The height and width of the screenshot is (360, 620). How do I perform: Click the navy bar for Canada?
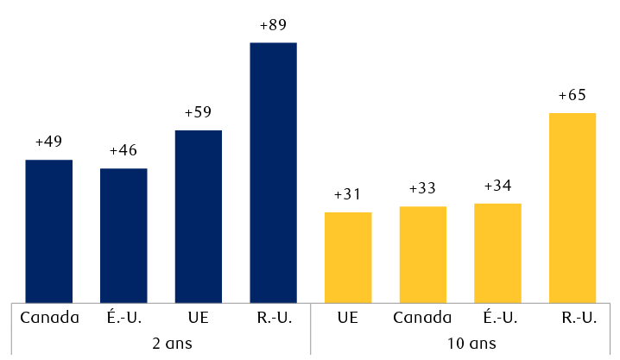(x=48, y=231)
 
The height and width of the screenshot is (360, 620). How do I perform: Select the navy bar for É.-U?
(x=123, y=235)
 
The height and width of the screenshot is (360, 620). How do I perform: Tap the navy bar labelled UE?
(x=199, y=216)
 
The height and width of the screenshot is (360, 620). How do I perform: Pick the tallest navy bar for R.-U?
(x=273, y=172)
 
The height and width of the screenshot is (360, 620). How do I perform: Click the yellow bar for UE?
(x=348, y=256)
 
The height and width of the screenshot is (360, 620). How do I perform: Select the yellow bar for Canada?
(x=422, y=254)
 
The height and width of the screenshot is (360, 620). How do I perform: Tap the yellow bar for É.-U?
(x=497, y=252)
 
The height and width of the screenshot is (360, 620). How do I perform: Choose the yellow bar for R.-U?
(x=573, y=207)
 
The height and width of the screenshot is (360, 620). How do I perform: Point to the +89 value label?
(x=273, y=25)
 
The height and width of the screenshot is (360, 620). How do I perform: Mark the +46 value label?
(x=123, y=151)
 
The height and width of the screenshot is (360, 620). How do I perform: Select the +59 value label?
(x=199, y=113)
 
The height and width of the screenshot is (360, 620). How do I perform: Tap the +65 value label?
(x=573, y=96)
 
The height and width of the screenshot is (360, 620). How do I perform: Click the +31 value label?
(x=348, y=195)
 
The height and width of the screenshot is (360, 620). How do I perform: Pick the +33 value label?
(x=422, y=189)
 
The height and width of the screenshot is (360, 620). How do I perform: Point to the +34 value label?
(x=497, y=186)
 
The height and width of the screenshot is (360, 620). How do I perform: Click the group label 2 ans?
(x=161, y=343)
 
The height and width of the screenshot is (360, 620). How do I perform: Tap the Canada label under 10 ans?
(x=422, y=318)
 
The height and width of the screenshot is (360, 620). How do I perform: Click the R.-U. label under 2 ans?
(x=273, y=318)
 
